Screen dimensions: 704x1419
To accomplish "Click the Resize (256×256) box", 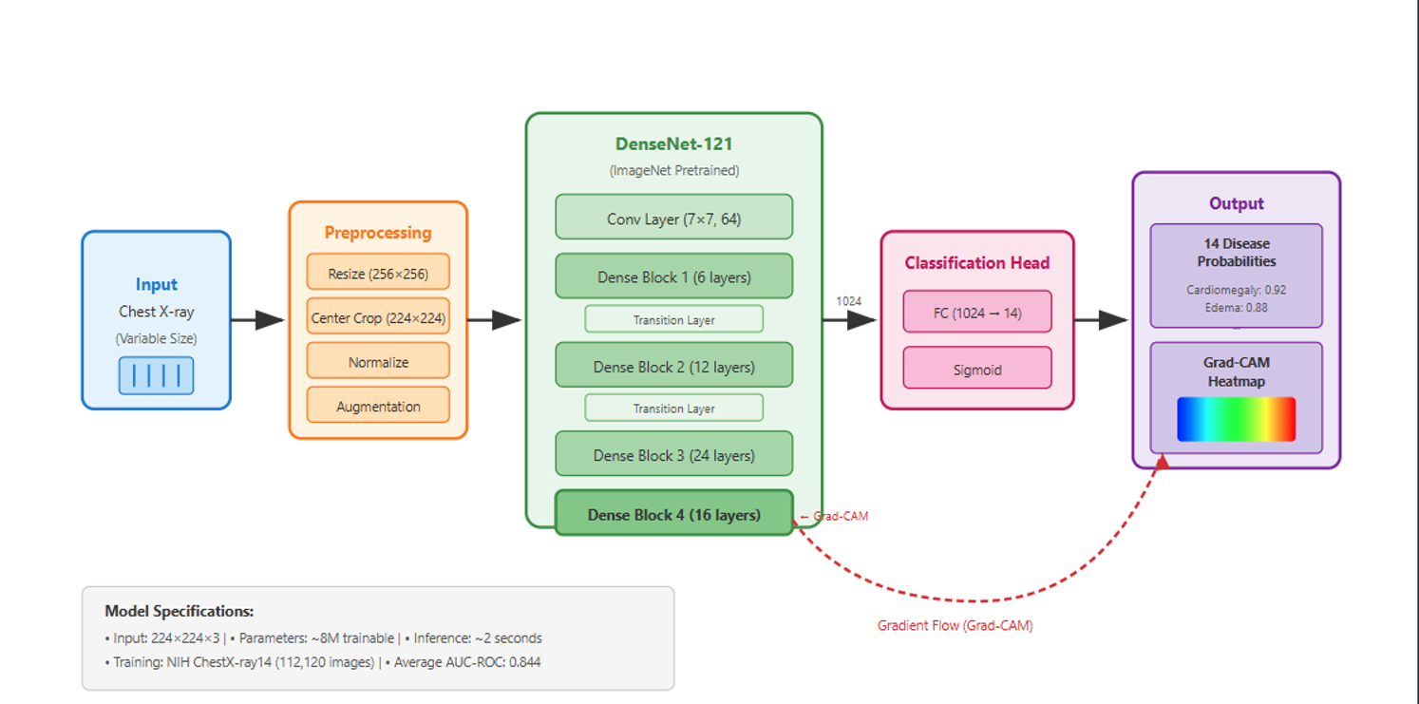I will point(378,274).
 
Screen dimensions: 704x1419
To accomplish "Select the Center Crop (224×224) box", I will point(378,318).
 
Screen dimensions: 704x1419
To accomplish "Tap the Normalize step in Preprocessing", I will point(378,362).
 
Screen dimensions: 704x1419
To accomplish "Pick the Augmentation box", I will point(378,407).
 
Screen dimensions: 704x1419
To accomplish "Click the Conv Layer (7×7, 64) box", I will point(673,219).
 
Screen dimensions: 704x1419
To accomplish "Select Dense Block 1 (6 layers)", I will point(673,277).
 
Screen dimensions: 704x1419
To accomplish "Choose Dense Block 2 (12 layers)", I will point(673,367).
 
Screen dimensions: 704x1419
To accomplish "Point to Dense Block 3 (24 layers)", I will point(673,455).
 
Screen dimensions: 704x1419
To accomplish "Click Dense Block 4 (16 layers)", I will point(673,515).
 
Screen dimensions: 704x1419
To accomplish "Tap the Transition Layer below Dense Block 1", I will point(673,320).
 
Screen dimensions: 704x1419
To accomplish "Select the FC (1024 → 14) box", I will point(976,313).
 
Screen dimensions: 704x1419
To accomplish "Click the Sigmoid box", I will point(976,370).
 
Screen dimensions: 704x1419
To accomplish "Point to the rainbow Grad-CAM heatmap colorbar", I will point(1236,419).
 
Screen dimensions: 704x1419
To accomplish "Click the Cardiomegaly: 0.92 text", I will point(1236,290).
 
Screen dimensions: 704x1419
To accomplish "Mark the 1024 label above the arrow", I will point(848,301).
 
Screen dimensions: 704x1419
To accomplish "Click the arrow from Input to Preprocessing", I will point(257,320).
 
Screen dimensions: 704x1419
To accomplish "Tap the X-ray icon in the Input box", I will point(156,375).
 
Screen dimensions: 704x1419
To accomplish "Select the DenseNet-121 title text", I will point(673,144).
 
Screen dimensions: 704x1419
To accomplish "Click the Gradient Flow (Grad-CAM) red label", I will point(955,626).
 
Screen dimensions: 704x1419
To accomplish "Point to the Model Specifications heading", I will point(179,612).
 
